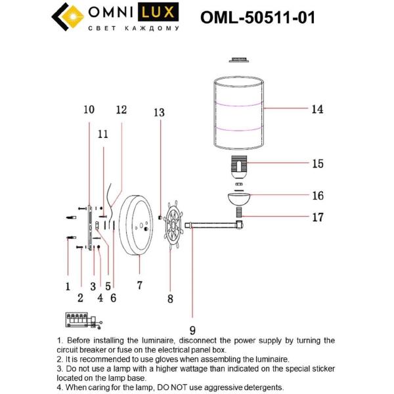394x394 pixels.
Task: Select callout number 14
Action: pos(317,110)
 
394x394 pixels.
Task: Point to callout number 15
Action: pos(318,164)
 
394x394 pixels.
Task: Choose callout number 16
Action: pos(318,196)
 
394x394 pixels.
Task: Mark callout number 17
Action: pos(318,217)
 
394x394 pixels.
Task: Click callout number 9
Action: pos(192,332)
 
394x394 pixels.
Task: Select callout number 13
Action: pos(159,112)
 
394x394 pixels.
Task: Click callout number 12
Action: pos(121,110)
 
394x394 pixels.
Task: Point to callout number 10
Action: pos(89,110)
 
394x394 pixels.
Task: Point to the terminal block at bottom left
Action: pos(81,320)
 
